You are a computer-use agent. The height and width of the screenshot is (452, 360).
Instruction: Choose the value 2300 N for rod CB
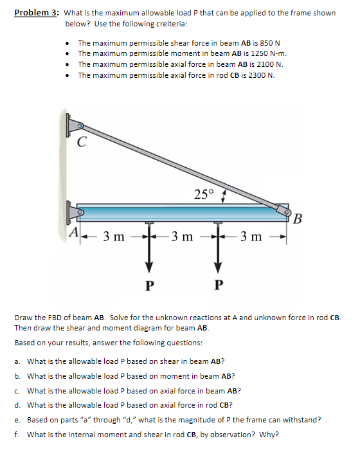tap(257, 75)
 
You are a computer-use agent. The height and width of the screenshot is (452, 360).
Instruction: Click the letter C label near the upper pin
tap(82, 143)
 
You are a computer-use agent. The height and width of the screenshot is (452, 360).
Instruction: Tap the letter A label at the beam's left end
tap(75, 232)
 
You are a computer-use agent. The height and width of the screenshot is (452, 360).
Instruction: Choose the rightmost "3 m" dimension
tap(251, 237)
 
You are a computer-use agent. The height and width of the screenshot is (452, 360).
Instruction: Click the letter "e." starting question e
tap(18, 420)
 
